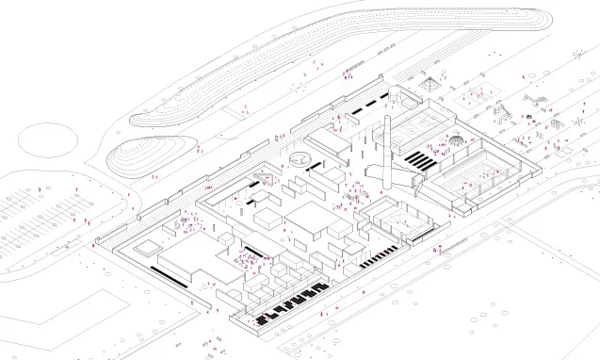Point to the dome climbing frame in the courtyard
pos(456,140)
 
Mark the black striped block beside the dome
pos(421,160)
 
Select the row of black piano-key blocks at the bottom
pos(292,306)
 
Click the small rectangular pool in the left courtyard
pos(147,250)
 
